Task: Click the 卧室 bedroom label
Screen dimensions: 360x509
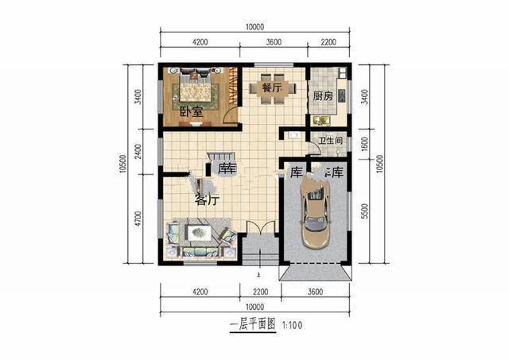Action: [191, 112]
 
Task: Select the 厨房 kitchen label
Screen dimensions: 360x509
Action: [322, 97]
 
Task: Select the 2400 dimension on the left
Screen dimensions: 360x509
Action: [138, 151]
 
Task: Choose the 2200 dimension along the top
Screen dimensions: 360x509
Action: [329, 41]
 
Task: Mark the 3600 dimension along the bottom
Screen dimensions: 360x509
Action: [313, 292]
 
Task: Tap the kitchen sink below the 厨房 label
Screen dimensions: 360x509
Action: [321, 121]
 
